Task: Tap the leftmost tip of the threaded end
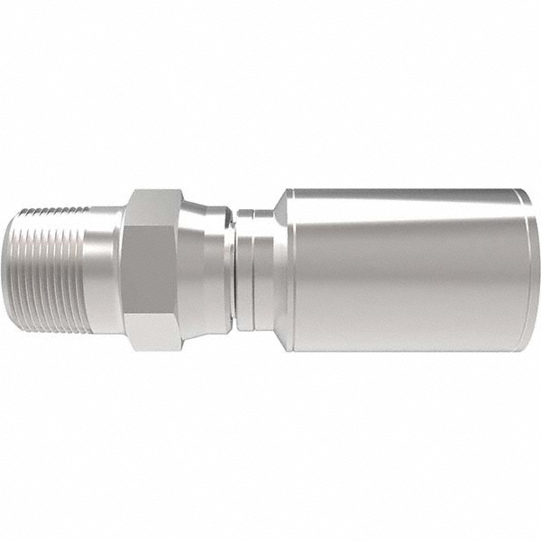[22, 270]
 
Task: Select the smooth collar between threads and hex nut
[108, 270]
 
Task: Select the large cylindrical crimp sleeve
[406, 270]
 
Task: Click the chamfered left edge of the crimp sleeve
[281, 270]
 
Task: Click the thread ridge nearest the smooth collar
[91, 270]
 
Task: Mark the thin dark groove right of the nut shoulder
[233, 270]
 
